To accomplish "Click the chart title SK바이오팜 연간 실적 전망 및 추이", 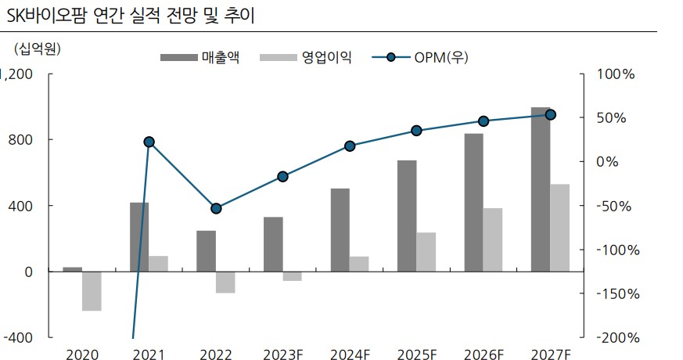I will (x=130, y=15).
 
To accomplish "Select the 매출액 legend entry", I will (x=200, y=57).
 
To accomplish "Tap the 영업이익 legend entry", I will (x=305, y=57).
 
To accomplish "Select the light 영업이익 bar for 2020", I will (x=92, y=291).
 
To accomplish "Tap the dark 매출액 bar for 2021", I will (x=139, y=237).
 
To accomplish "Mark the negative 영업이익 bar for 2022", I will (x=225, y=283).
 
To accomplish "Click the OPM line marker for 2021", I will (x=149, y=142).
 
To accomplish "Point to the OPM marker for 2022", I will (x=216, y=208).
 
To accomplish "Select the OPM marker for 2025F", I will (x=416, y=131).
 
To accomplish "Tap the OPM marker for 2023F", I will (x=282, y=177).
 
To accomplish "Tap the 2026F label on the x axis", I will (x=483, y=355).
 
